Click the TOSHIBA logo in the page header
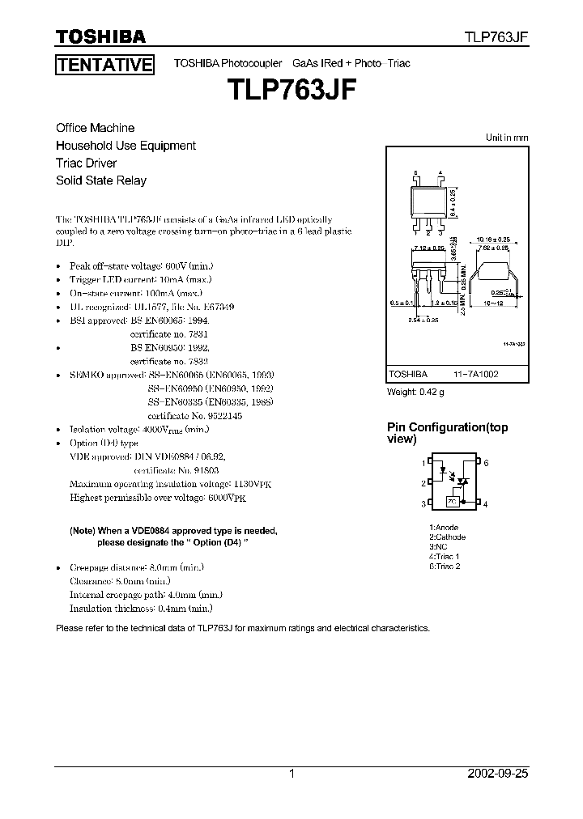pos(100,36)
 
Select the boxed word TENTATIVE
pos(104,65)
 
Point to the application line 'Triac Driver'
pos(87,163)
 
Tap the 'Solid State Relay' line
pos(101,180)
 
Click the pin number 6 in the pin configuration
pos(487,463)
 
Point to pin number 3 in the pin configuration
pos(423,504)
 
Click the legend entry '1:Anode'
pos(444,528)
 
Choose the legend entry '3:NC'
pos(438,546)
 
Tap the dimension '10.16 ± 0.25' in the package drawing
pos(493,240)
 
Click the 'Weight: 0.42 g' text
pos(416,393)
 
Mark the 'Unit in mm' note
pos(507,138)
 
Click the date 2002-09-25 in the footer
pos(498,774)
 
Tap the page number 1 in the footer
pos(292,774)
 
